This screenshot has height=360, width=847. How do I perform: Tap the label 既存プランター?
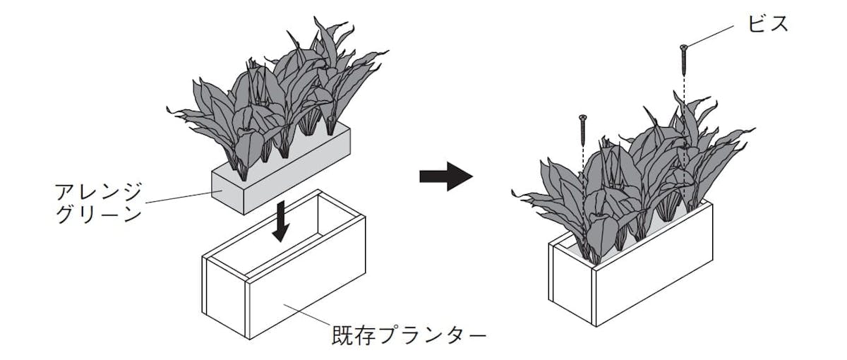coord(409,335)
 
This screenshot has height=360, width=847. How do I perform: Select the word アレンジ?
coord(98,191)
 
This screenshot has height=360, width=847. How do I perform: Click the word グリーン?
coord(98,215)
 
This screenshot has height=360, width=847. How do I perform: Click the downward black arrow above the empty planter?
coord(282,220)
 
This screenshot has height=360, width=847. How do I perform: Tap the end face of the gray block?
coord(228,192)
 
